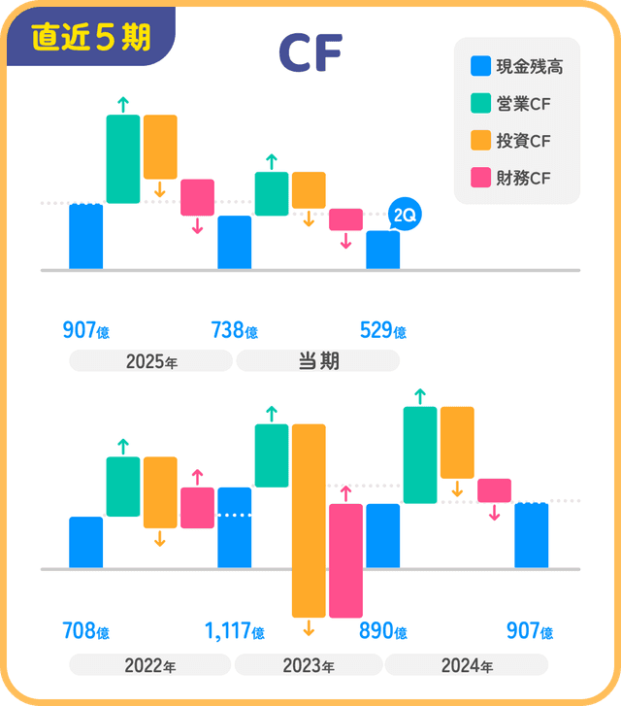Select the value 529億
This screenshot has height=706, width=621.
click(382, 331)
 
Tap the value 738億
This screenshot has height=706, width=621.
click(234, 331)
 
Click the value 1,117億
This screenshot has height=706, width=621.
click(234, 632)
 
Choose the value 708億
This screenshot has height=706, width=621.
click(85, 632)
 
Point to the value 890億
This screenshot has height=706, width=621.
click(382, 632)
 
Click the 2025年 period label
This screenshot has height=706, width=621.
click(151, 362)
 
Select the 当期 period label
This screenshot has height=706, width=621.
click(317, 361)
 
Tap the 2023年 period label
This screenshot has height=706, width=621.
click(309, 666)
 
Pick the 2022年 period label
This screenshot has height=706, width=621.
click(149, 666)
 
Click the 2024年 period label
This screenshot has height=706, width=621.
click(467, 666)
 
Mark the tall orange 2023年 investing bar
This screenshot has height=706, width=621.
click(309, 520)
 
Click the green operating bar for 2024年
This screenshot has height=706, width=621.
click(420, 454)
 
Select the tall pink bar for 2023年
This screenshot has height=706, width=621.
click(345, 560)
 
